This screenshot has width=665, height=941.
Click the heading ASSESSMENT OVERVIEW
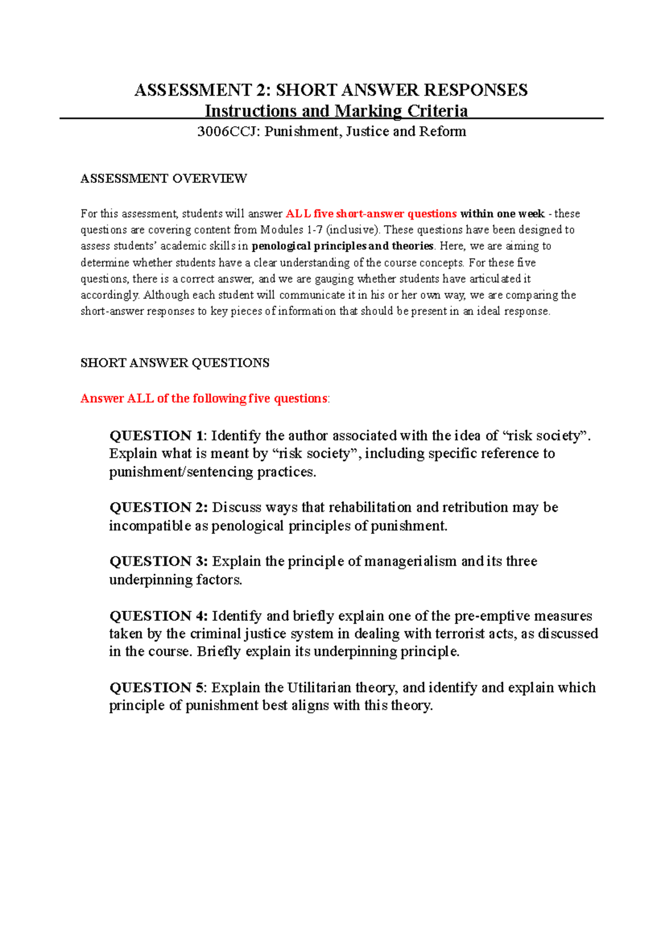pyautogui.click(x=163, y=178)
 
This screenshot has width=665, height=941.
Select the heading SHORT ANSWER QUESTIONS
pyautogui.click(x=175, y=363)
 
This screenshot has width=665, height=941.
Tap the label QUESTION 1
pyautogui.click(x=157, y=436)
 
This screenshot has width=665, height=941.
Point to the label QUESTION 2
pyautogui.click(x=158, y=508)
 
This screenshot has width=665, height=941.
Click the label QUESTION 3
pyautogui.click(x=158, y=561)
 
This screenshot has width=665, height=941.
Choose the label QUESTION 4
pyautogui.click(x=158, y=616)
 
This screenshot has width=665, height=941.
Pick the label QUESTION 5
pyautogui.click(x=157, y=688)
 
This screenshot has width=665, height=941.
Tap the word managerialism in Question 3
pyautogui.click(x=411, y=561)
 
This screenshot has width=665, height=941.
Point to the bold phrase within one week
pyautogui.click(x=502, y=214)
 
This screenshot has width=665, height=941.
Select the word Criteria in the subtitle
pyautogui.click(x=438, y=111)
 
